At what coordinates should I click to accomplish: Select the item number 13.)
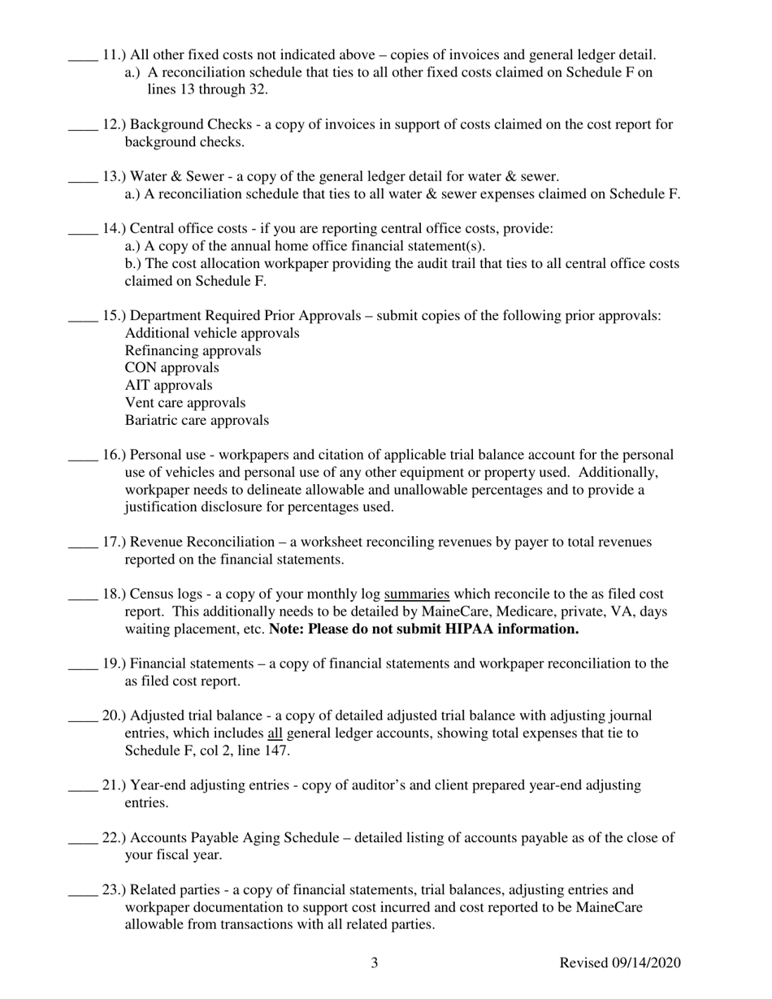(x=114, y=177)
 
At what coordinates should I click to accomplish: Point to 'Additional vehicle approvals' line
(x=212, y=334)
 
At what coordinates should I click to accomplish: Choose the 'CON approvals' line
(x=171, y=368)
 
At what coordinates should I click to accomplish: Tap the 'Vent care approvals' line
(x=185, y=403)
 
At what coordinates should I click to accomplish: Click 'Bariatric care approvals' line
(x=197, y=421)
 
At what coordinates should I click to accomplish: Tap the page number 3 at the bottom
(x=375, y=964)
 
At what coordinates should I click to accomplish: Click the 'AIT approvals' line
(x=169, y=386)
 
